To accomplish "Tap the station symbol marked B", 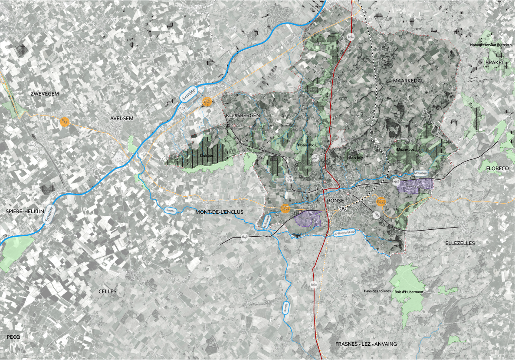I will pyautogui.click(x=343, y=209).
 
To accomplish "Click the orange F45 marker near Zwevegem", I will pyautogui.click(x=65, y=120).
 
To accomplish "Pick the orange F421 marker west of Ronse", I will pyautogui.click(x=285, y=209).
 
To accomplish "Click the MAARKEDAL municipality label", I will pyautogui.click(x=408, y=81).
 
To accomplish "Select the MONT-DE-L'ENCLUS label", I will pyautogui.click(x=220, y=211).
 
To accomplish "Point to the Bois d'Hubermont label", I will pyautogui.click(x=409, y=292).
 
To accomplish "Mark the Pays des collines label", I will pyautogui.click(x=377, y=291).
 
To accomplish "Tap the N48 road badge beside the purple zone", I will pyautogui.click(x=396, y=183).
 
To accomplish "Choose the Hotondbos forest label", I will pyautogui.click(x=306, y=145).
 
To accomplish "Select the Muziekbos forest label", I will pyautogui.click(x=406, y=150).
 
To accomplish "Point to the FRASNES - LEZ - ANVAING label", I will pyautogui.click(x=366, y=344).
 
